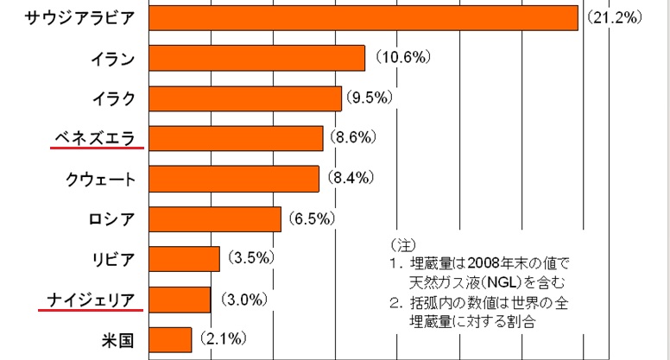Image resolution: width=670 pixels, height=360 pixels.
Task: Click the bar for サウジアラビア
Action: [x=363, y=17]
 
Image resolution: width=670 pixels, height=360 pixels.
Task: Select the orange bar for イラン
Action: [x=256, y=58]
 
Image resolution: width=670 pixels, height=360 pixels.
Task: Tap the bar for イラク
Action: [x=245, y=98]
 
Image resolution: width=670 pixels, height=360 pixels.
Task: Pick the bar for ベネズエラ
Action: [x=236, y=138]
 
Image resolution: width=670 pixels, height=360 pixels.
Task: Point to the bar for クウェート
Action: [x=234, y=179]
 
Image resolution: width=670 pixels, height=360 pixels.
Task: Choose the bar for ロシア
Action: [x=215, y=219]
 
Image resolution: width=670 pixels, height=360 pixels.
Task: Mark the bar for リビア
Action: [x=185, y=259]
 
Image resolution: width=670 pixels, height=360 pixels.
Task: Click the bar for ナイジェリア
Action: [x=180, y=300]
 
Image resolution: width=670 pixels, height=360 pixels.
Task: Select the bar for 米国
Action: [x=170, y=339]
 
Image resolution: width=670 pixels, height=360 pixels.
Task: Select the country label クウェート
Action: [x=100, y=179]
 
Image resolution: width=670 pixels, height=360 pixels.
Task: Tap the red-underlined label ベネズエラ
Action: [x=97, y=137]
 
